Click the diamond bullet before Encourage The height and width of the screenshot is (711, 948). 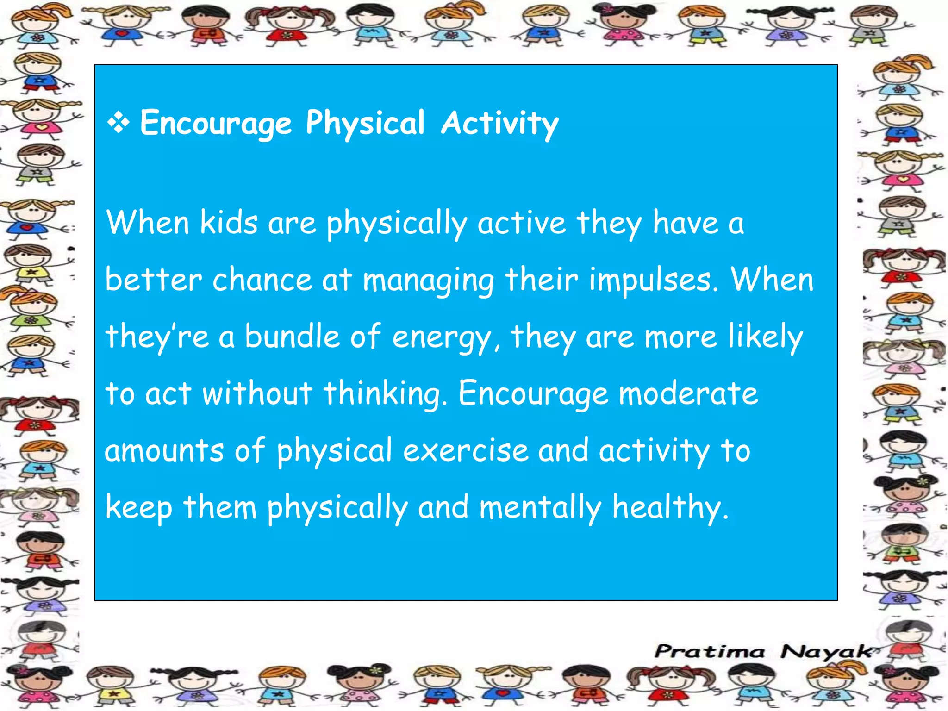[118, 124]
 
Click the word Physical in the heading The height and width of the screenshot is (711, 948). [365, 124]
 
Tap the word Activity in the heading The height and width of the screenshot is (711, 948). [500, 124]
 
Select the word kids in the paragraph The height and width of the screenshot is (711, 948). [228, 223]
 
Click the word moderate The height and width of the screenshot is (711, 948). [688, 393]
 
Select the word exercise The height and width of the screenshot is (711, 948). [466, 450]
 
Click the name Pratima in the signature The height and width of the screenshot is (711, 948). [710, 652]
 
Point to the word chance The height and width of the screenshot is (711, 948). [262, 280]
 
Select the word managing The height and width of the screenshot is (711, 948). [428, 281]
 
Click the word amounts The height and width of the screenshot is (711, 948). [164, 450]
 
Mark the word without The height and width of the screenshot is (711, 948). [257, 393]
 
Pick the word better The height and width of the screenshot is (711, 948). [153, 280]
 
